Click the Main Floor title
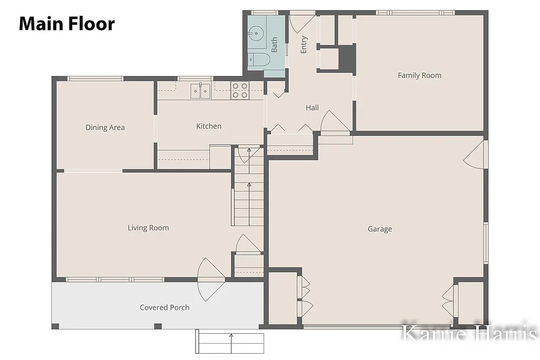[66, 24]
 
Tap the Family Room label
[419, 75]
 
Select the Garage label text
[380, 229]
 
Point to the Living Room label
[148, 228]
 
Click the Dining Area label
[105, 127]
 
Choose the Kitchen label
[209, 126]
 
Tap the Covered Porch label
[165, 307]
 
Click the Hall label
[312, 108]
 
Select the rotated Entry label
[304, 45]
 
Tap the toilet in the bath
[259, 60]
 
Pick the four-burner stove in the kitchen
[240, 91]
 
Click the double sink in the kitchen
[200, 91]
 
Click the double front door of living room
[211, 279]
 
